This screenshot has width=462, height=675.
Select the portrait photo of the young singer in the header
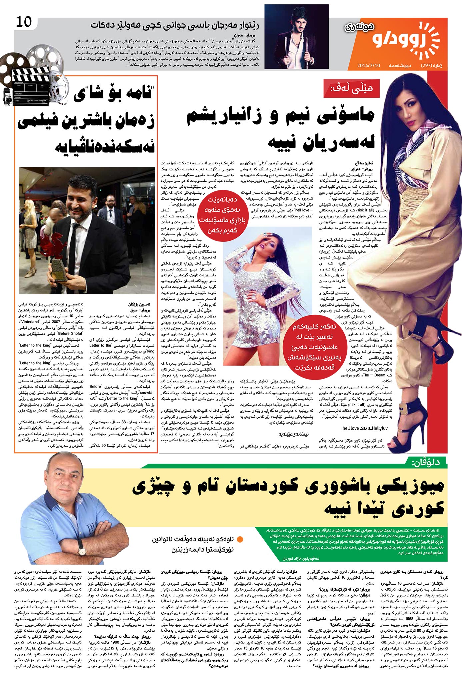point(296,37)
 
